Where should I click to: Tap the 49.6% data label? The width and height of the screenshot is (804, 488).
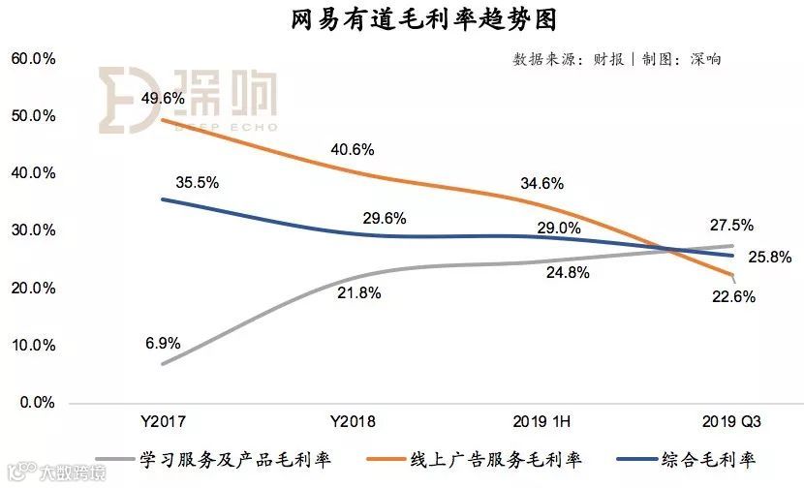pos(163,98)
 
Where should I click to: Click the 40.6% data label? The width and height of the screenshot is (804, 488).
pos(351,149)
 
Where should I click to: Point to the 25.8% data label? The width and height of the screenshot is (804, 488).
pos(770,258)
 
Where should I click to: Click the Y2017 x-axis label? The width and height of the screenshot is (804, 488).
pos(163,422)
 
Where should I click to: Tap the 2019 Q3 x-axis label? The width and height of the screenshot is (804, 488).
pos(732,422)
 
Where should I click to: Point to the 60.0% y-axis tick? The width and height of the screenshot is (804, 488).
pos(33,58)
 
